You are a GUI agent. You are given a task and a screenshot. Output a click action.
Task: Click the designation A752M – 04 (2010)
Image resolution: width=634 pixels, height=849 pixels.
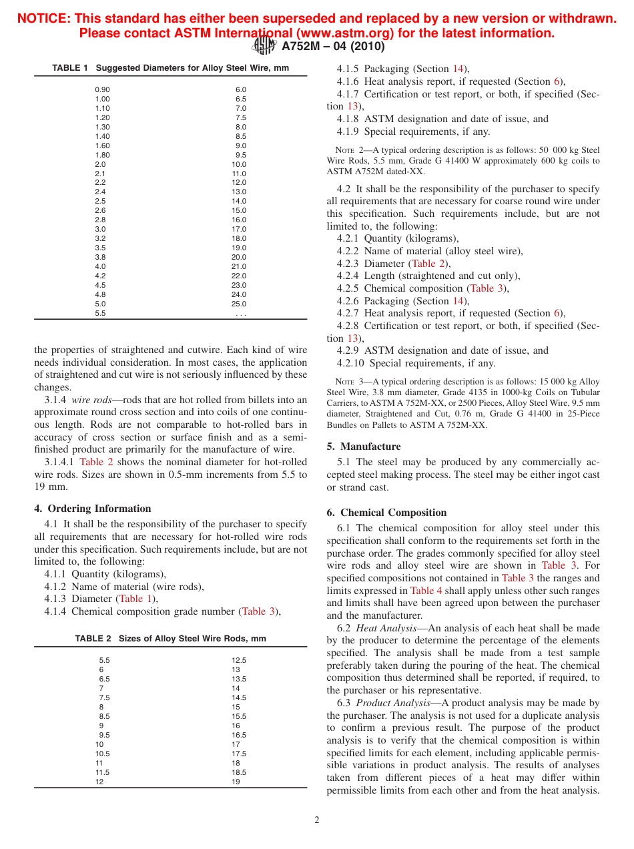[333, 46]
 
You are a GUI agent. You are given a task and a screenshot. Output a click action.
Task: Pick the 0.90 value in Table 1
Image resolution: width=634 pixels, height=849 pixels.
[102, 89]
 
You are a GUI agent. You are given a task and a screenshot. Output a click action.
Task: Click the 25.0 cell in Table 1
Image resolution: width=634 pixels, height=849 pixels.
[239, 304]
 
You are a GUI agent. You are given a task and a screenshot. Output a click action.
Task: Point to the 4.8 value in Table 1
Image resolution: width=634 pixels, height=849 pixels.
[100, 294]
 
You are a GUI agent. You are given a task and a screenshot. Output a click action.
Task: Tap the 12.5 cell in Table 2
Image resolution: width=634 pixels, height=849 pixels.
[239, 660]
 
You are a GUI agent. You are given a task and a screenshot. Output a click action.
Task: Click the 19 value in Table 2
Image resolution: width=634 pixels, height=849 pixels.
[236, 782]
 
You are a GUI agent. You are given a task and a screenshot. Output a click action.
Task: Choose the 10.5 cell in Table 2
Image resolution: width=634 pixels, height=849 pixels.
[102, 754]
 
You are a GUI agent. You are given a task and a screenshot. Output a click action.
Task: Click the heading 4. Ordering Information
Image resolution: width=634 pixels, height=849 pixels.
[93, 509]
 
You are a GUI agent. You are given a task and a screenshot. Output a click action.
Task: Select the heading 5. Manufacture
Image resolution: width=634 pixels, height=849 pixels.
[364, 447]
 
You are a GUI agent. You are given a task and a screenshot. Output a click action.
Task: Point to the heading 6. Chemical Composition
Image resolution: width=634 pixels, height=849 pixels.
[386, 513]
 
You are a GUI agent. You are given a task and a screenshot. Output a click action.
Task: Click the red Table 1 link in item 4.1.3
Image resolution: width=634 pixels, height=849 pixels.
[135, 599]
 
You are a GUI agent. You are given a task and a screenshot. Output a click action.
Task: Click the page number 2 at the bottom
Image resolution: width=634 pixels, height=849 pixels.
[317, 820]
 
